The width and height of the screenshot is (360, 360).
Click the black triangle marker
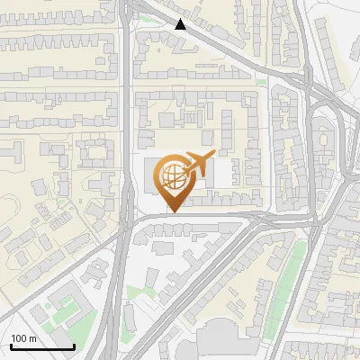[x=181, y=24]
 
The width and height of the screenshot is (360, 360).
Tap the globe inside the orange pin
[x=173, y=175]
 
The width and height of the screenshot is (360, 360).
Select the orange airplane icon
[x=197, y=165]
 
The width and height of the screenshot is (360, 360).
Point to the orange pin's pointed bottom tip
[x=173, y=211]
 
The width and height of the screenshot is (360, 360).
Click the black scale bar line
[x=41, y=346]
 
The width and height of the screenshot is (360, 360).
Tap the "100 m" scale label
[x=23, y=338]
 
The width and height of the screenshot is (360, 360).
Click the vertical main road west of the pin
[x=125, y=135]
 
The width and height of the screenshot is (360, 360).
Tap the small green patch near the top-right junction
[x=261, y=82]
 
